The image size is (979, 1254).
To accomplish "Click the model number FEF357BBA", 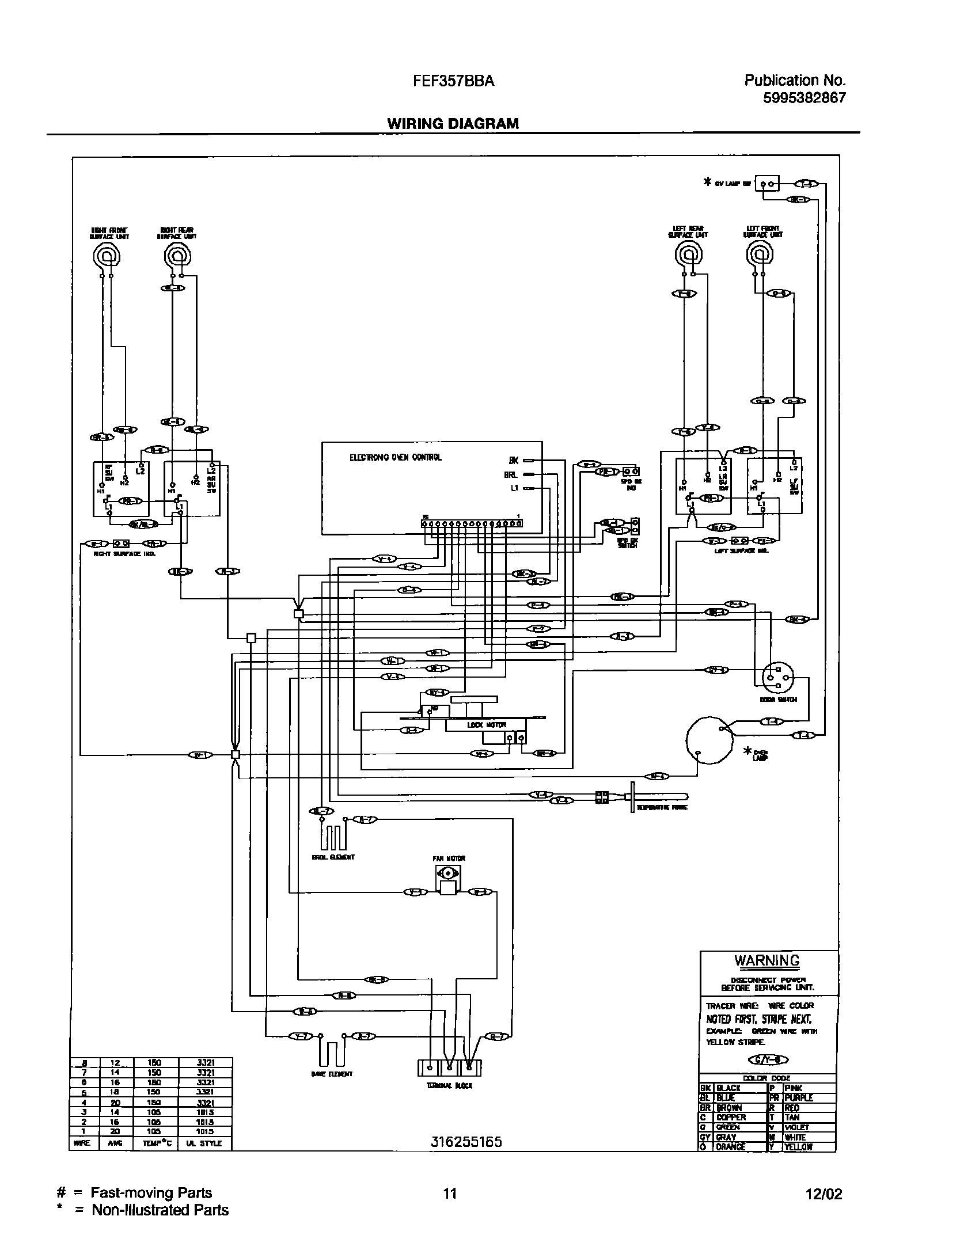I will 453,81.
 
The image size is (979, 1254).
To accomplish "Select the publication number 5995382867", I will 805,98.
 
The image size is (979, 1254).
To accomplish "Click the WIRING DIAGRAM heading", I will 453,123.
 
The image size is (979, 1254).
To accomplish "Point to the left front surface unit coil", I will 760,253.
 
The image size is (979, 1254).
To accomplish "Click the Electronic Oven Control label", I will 395,458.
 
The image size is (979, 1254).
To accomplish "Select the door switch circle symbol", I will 777,679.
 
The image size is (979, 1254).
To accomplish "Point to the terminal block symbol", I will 449,1067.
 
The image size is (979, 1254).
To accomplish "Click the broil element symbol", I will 333,836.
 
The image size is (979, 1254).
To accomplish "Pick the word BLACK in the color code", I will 728,1088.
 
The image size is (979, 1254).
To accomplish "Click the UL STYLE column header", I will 205,1143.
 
